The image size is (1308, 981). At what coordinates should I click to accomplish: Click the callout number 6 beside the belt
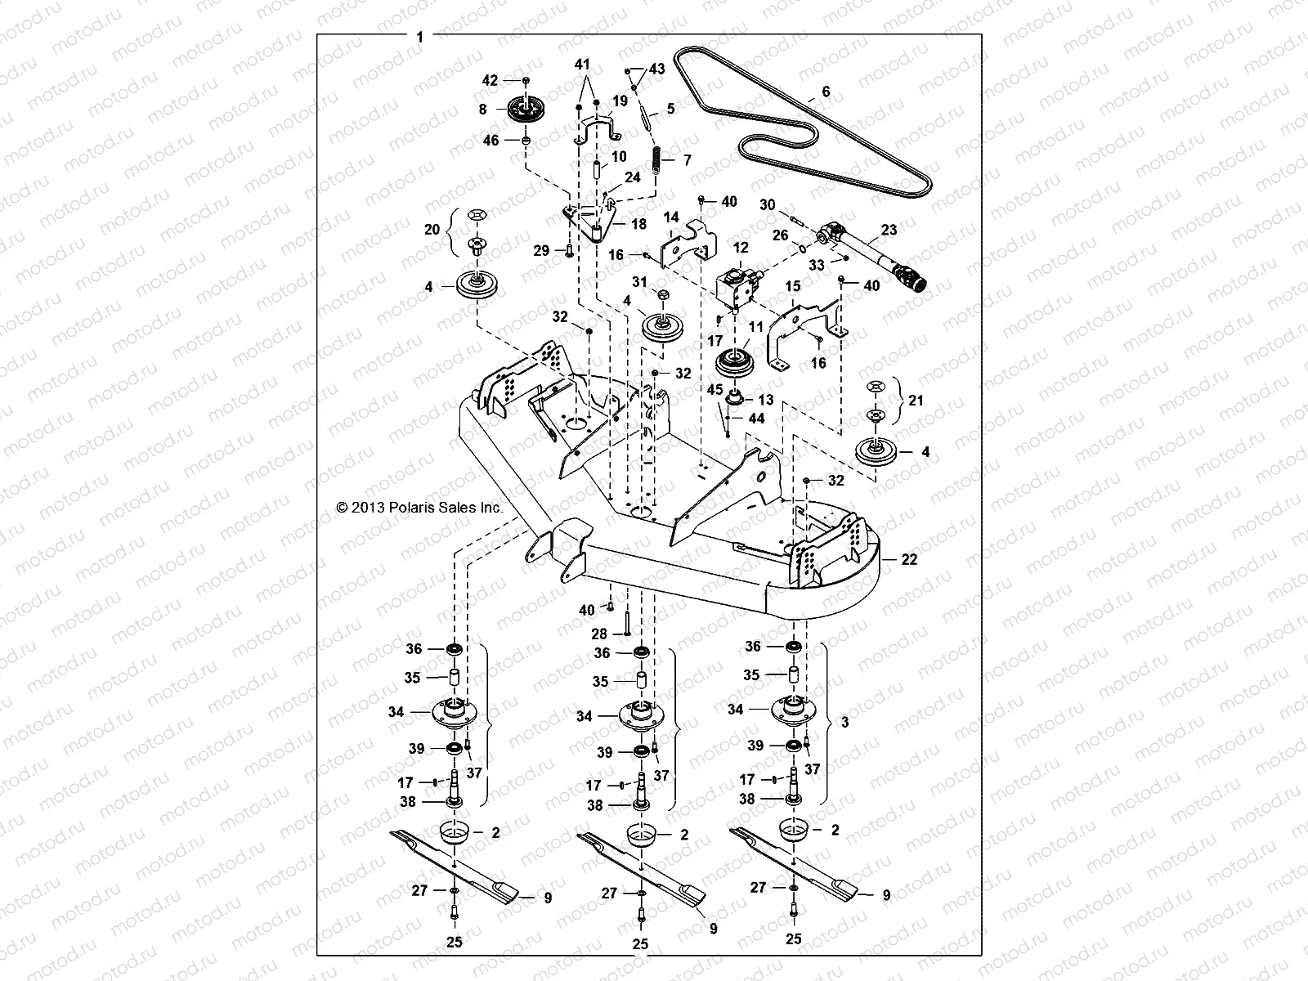tap(826, 92)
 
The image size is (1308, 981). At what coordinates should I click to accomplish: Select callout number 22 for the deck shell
tap(909, 560)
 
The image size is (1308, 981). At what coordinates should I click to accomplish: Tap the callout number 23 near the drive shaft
tap(889, 231)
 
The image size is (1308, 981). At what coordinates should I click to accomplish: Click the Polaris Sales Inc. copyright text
tap(419, 508)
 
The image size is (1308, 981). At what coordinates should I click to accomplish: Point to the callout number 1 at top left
tap(419, 37)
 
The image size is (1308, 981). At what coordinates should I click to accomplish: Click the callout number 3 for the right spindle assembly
tap(844, 723)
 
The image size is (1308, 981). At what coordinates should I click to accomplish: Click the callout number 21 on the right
tap(916, 400)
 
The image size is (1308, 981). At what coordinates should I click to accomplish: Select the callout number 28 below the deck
tap(599, 634)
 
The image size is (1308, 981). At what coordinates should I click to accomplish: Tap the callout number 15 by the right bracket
tap(793, 287)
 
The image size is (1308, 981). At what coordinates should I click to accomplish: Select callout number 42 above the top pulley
tap(489, 80)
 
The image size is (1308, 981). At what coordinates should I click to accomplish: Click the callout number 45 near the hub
tap(714, 390)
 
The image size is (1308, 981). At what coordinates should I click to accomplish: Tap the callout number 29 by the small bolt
tap(541, 251)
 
